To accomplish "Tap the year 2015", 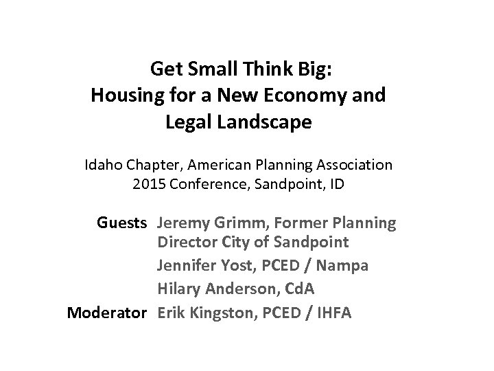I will [x=146, y=183].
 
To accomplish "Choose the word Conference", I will [x=201, y=183].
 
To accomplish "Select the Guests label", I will [x=121, y=223].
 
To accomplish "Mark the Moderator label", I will [x=106, y=313].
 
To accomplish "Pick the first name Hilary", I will [x=178, y=289].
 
